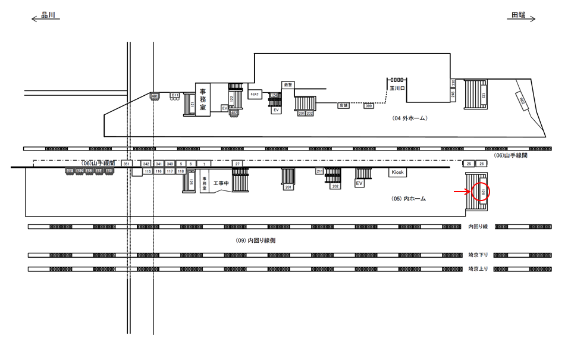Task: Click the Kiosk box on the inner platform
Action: (x=397, y=172)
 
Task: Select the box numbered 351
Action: (x=126, y=164)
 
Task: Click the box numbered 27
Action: (x=237, y=164)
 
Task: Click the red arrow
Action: (x=462, y=192)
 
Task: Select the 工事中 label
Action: (x=221, y=183)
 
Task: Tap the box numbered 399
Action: (x=368, y=106)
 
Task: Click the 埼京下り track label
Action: (x=478, y=255)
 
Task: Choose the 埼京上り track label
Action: (x=478, y=269)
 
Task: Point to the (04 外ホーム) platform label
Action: (x=410, y=118)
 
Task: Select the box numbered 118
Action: (x=181, y=171)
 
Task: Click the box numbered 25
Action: (x=469, y=164)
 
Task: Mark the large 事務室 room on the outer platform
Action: (x=203, y=99)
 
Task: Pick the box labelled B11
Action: (x=175, y=95)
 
